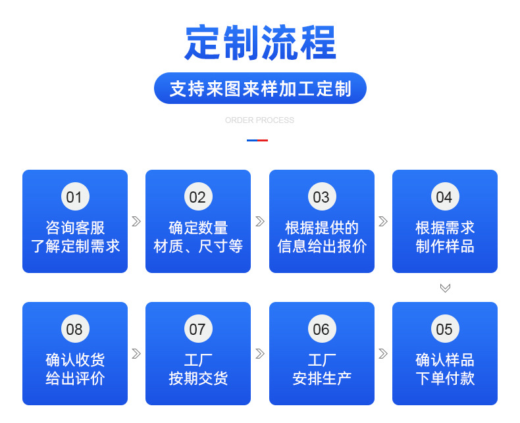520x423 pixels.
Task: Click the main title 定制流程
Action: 260,43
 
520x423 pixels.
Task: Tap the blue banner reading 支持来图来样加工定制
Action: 260,89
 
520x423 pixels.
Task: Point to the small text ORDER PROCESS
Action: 259,120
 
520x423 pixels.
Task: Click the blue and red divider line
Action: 257,140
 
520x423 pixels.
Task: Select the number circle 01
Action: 74,197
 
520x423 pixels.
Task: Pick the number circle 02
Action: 197,197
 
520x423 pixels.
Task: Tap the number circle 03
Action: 321,197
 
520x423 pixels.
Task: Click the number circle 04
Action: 444,197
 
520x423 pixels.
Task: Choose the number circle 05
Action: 444,330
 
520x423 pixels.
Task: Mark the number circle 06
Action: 321,330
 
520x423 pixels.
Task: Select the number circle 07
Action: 197,330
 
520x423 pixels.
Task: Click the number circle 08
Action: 74,330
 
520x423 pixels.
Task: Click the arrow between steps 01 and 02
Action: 136,222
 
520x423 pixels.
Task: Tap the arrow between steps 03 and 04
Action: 383,222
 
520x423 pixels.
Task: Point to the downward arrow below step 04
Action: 445,288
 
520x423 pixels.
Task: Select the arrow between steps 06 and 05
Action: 383,354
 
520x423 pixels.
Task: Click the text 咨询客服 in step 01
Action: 75,228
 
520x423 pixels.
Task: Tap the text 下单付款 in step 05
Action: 445,378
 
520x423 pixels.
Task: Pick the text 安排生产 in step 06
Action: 322,378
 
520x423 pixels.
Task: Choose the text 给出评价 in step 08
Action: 75,378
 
